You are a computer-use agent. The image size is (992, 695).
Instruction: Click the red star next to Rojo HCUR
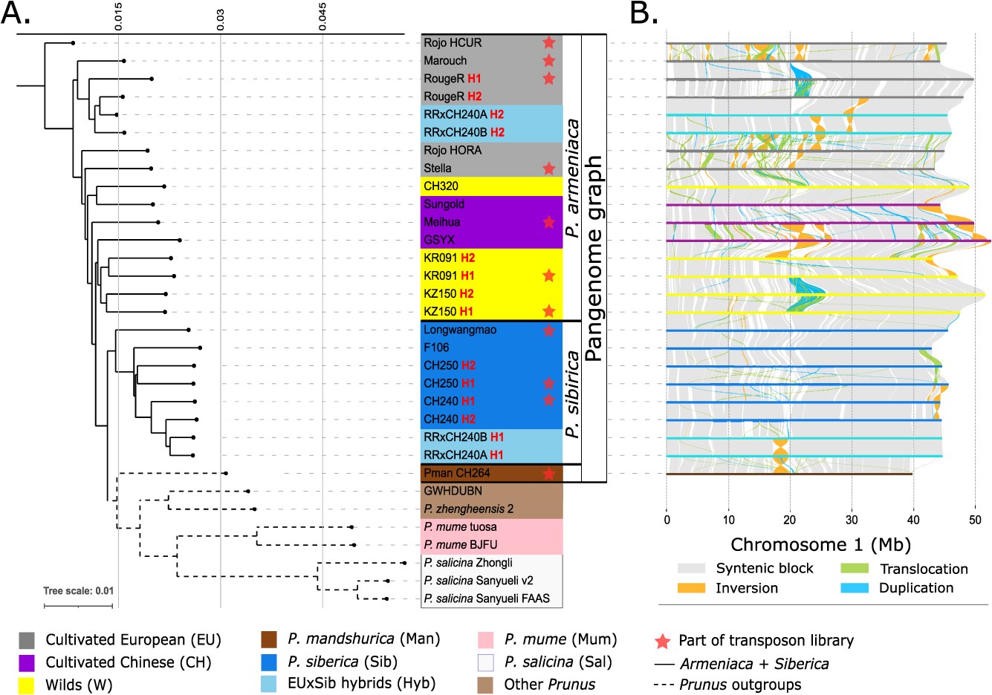pyautogui.click(x=548, y=42)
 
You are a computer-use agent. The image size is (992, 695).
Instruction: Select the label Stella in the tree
pyautogui.click(x=438, y=168)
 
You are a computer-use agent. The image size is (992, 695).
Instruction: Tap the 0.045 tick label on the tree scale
pyautogui.click(x=322, y=17)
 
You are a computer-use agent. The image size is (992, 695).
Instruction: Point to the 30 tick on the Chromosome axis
pyautogui.click(x=852, y=519)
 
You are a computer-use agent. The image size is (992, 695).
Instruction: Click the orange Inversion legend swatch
pyautogui.click(x=691, y=588)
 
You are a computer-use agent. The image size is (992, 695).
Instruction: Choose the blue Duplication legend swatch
pyautogui.click(x=855, y=587)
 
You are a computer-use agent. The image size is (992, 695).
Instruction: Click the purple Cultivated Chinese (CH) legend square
pyautogui.click(x=27, y=662)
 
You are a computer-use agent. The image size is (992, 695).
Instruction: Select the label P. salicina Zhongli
pyautogui.click(x=468, y=563)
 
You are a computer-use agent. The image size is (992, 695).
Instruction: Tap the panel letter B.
pyautogui.click(x=643, y=13)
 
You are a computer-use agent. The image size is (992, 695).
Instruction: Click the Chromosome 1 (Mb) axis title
pyautogui.click(x=820, y=544)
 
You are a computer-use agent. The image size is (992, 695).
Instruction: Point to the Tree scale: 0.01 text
pyautogui.click(x=78, y=590)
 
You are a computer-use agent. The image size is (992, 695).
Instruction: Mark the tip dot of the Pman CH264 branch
pyautogui.click(x=226, y=474)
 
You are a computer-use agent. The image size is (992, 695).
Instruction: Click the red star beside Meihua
pyautogui.click(x=548, y=222)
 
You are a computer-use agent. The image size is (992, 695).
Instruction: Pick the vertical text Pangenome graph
pyautogui.click(x=594, y=258)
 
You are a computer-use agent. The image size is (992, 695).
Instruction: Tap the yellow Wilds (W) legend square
pyautogui.click(x=27, y=685)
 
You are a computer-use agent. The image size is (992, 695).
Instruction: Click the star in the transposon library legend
pyautogui.click(x=663, y=641)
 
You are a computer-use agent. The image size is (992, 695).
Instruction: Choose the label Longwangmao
pyautogui.click(x=460, y=330)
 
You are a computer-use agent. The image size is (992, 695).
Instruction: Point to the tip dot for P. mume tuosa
pyautogui.click(x=351, y=527)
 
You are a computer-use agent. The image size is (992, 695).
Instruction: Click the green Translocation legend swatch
pyautogui.click(x=855, y=568)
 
